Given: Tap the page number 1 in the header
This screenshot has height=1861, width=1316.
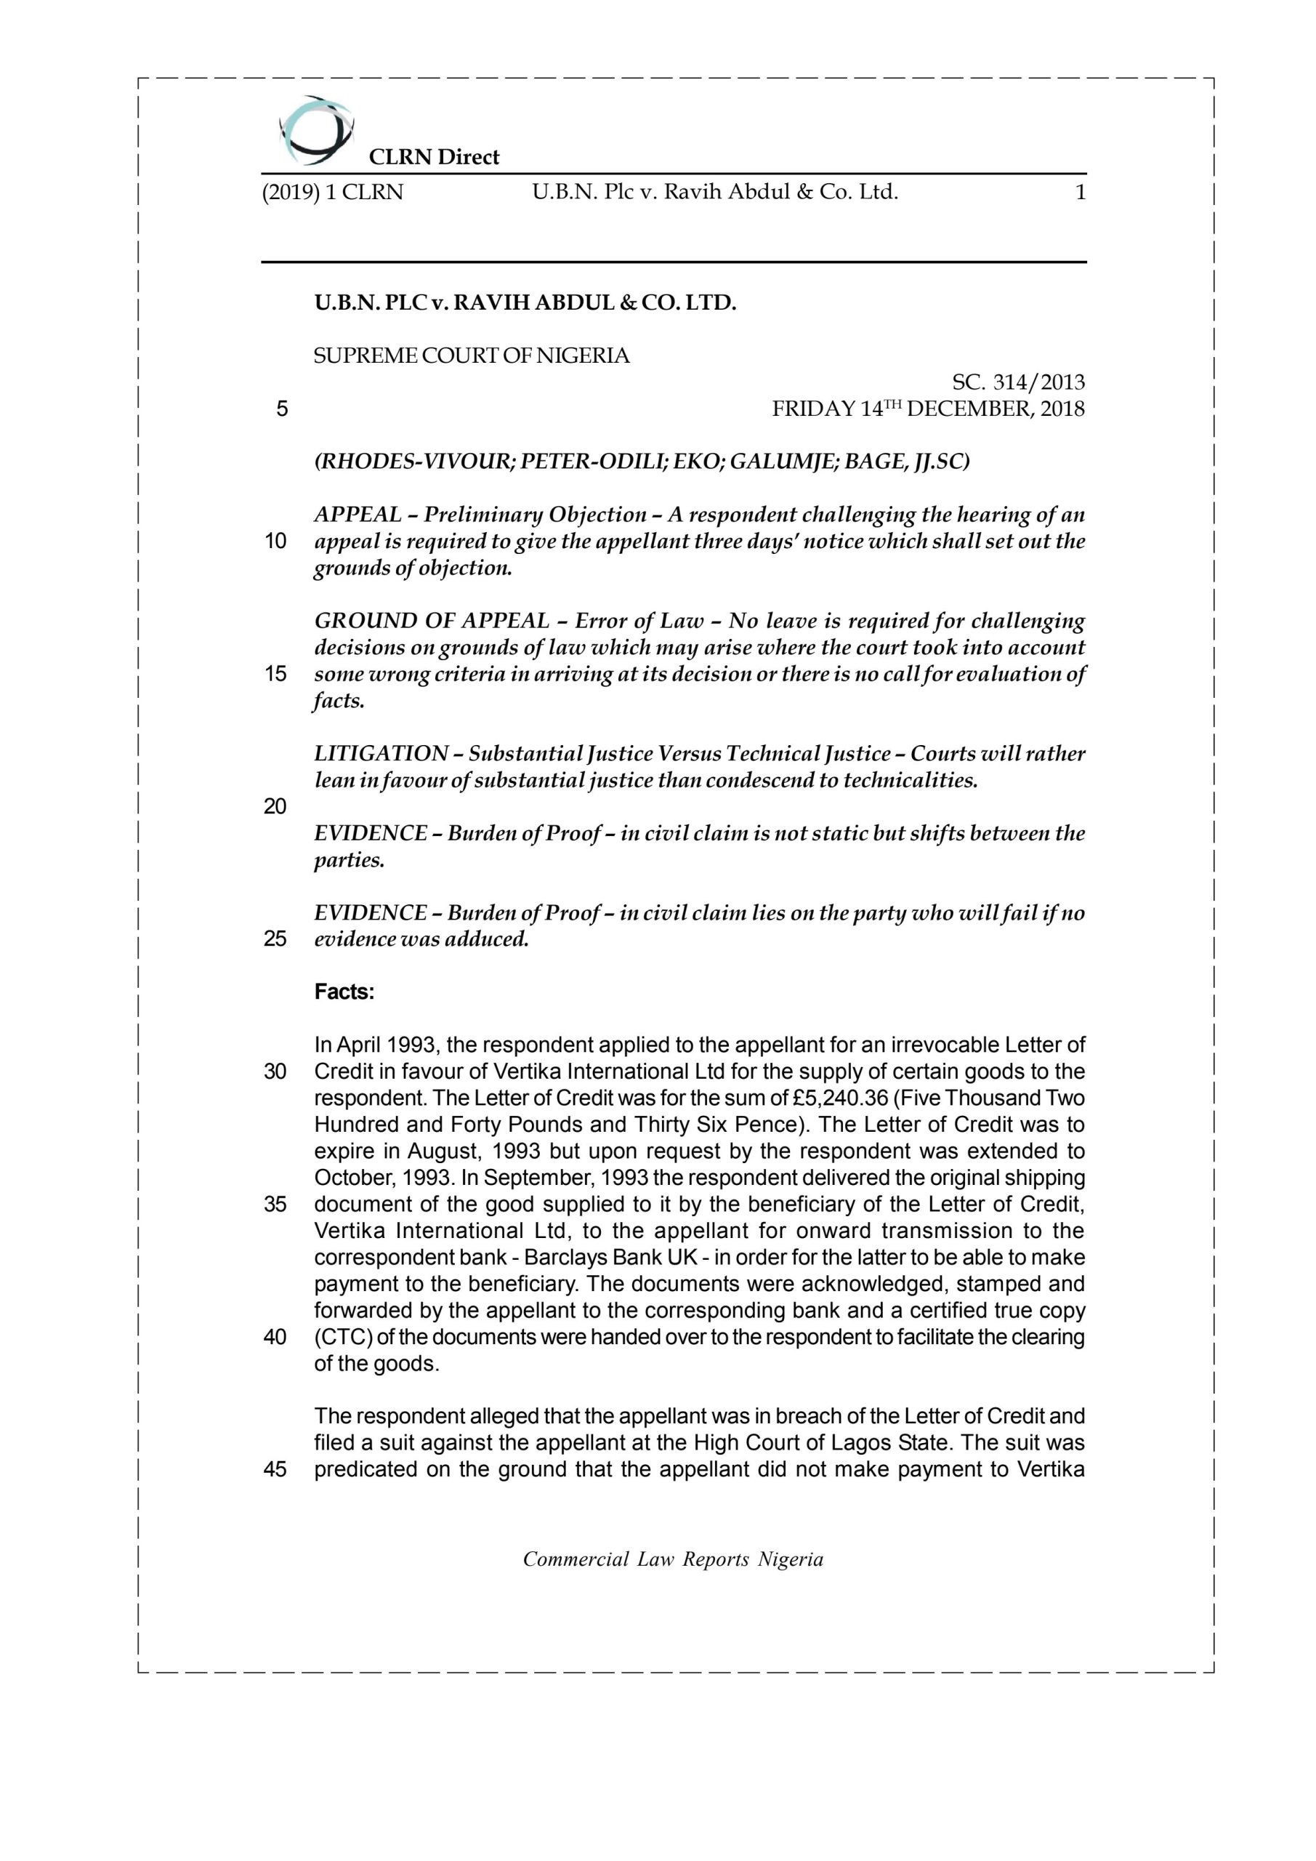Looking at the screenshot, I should (1079, 193).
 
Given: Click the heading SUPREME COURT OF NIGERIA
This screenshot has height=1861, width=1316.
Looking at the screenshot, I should (472, 355).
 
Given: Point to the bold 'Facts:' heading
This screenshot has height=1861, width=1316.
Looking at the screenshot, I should (344, 992).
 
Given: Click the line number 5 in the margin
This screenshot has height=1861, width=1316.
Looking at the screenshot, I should (281, 409).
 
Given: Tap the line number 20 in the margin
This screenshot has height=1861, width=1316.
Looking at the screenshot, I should (275, 806).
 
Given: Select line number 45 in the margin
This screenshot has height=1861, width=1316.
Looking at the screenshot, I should (275, 1469).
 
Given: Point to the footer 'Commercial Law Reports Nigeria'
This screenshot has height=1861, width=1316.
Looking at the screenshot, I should (673, 1559).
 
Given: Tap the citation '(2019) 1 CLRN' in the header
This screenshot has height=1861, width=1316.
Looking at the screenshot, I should (332, 193).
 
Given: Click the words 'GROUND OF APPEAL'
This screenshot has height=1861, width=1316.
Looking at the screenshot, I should (431, 621).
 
